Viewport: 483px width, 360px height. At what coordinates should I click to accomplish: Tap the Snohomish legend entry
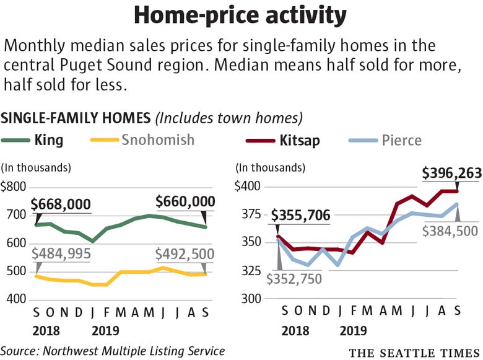(149, 140)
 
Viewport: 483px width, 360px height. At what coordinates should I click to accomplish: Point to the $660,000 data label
(185, 201)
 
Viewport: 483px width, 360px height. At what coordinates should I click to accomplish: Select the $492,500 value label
(185, 253)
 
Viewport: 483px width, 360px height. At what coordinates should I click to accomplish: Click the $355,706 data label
(300, 216)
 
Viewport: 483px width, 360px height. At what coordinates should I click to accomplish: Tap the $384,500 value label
(449, 232)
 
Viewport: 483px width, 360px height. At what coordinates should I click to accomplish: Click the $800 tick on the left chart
(14, 187)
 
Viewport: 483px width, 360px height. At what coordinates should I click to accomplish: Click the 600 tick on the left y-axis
(16, 243)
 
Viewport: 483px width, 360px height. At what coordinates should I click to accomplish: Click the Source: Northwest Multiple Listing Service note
(113, 351)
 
